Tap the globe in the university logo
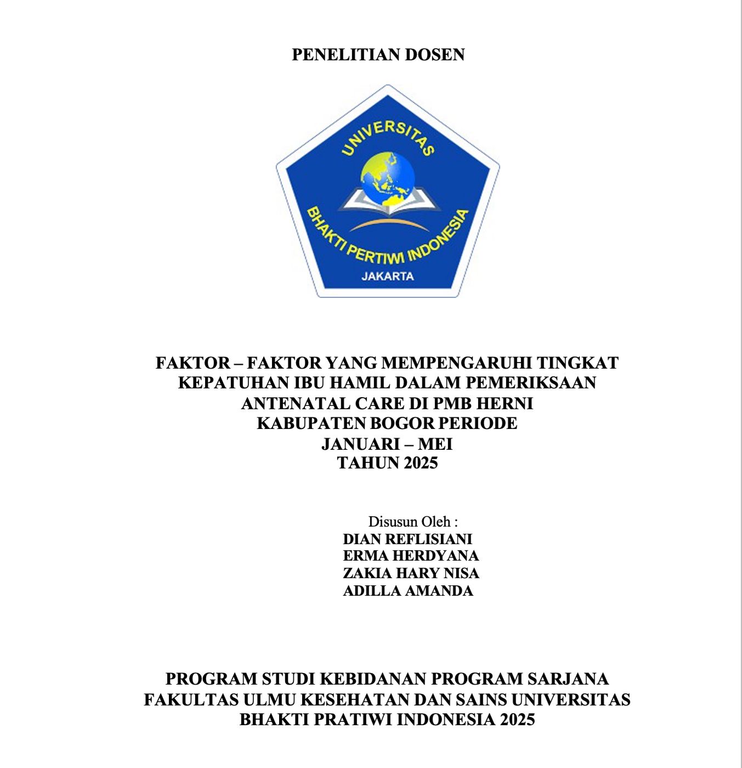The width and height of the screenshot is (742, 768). point(388,177)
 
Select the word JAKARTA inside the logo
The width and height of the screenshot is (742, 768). point(388,276)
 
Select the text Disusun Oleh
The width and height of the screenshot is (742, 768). point(412,521)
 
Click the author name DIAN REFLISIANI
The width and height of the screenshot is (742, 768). point(407,539)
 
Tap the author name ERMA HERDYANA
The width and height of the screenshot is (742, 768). point(411,556)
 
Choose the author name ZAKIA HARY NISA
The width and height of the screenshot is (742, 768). point(411,573)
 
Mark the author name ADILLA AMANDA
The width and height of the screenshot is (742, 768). point(408,591)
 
